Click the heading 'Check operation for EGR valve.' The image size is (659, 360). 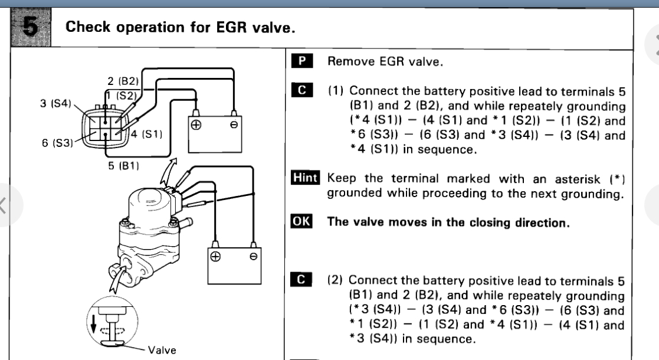click(x=180, y=28)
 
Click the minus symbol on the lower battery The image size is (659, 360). click(x=253, y=257)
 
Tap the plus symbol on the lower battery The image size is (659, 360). click(x=215, y=257)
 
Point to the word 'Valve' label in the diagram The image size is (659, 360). click(x=162, y=350)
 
